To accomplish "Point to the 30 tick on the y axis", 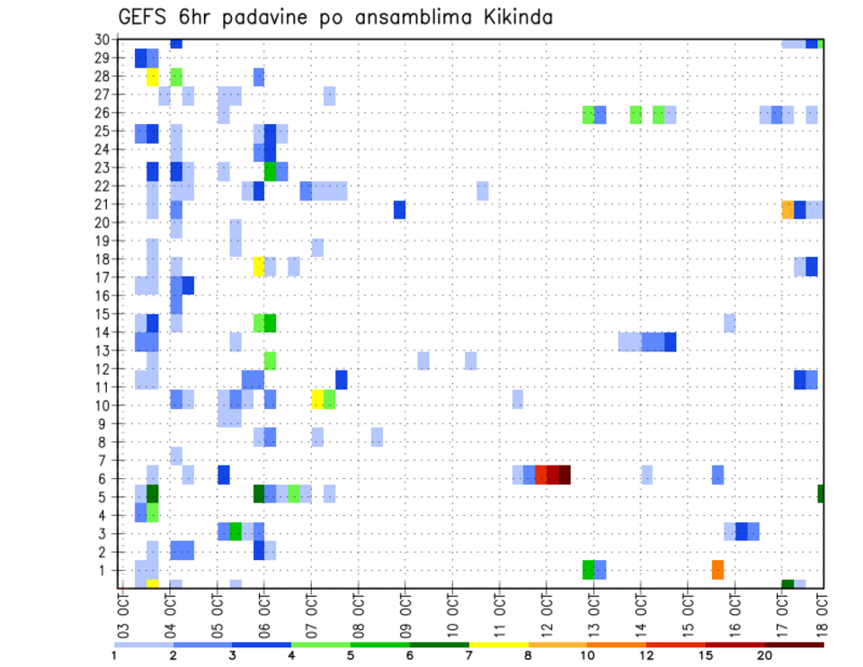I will coord(102,40).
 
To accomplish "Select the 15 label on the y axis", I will coord(102,314).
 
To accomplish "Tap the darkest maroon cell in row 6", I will coord(565,475).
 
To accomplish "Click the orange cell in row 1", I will coord(717,569).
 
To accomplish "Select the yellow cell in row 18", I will coord(259,266).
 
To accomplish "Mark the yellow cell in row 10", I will coord(317,399).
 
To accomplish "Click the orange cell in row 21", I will coord(787,209).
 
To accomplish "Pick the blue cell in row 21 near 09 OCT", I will coord(399,209).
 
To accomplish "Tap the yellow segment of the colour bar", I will coord(499,645).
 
